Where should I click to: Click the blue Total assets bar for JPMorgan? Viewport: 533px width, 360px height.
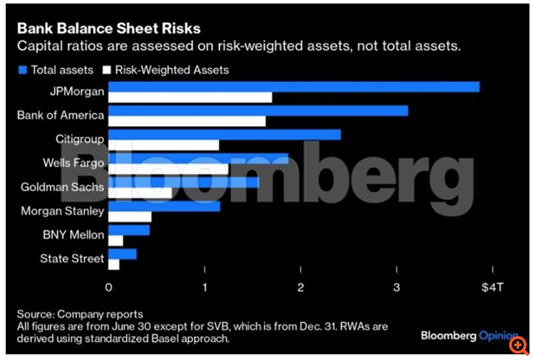click(294, 87)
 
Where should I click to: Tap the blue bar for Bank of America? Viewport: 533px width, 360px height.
click(257, 111)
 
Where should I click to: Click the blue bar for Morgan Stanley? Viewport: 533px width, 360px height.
click(164, 206)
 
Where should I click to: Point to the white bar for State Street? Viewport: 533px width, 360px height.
click(114, 265)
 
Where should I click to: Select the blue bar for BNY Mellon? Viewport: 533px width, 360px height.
click(130, 230)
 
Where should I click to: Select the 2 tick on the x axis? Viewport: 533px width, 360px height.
click(301, 288)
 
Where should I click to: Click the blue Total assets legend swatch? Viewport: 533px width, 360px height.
click(21, 71)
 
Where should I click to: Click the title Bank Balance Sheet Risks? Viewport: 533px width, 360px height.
click(109, 30)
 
